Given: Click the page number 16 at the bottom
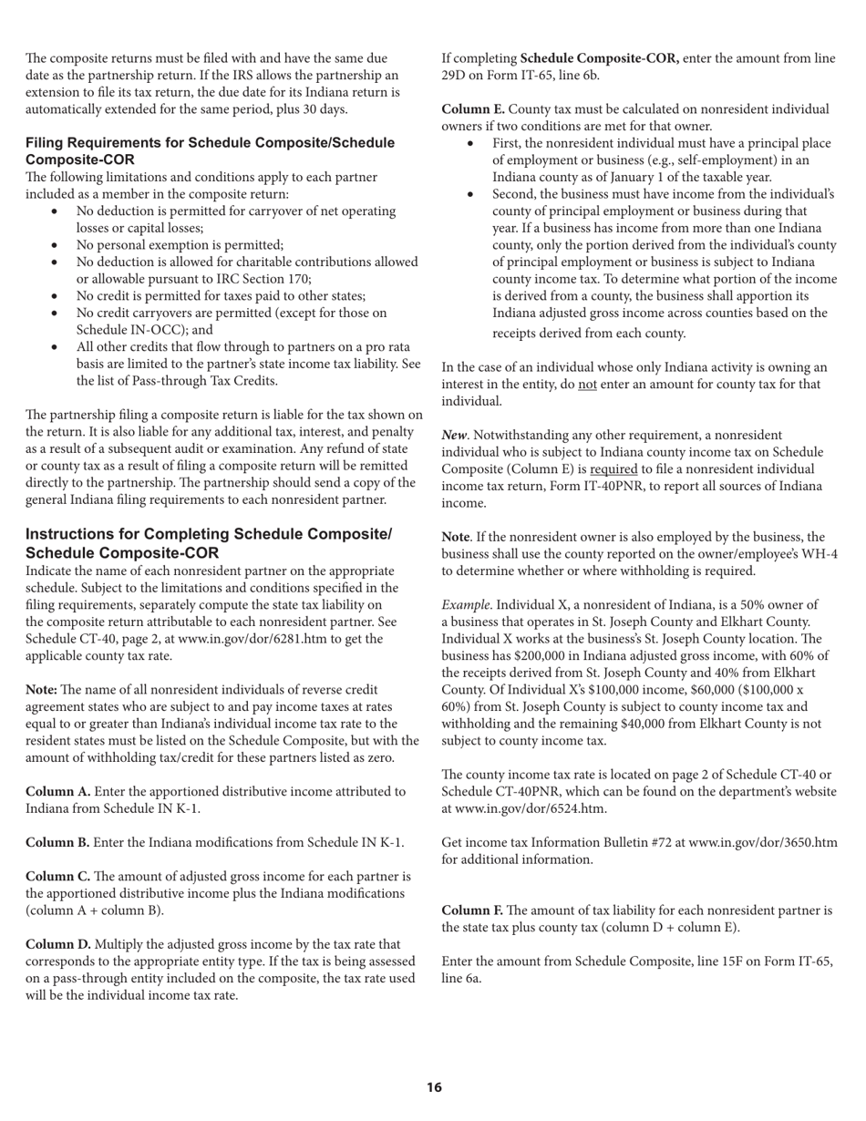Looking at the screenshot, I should point(434,1087).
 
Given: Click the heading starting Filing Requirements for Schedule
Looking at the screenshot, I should point(210,151).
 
